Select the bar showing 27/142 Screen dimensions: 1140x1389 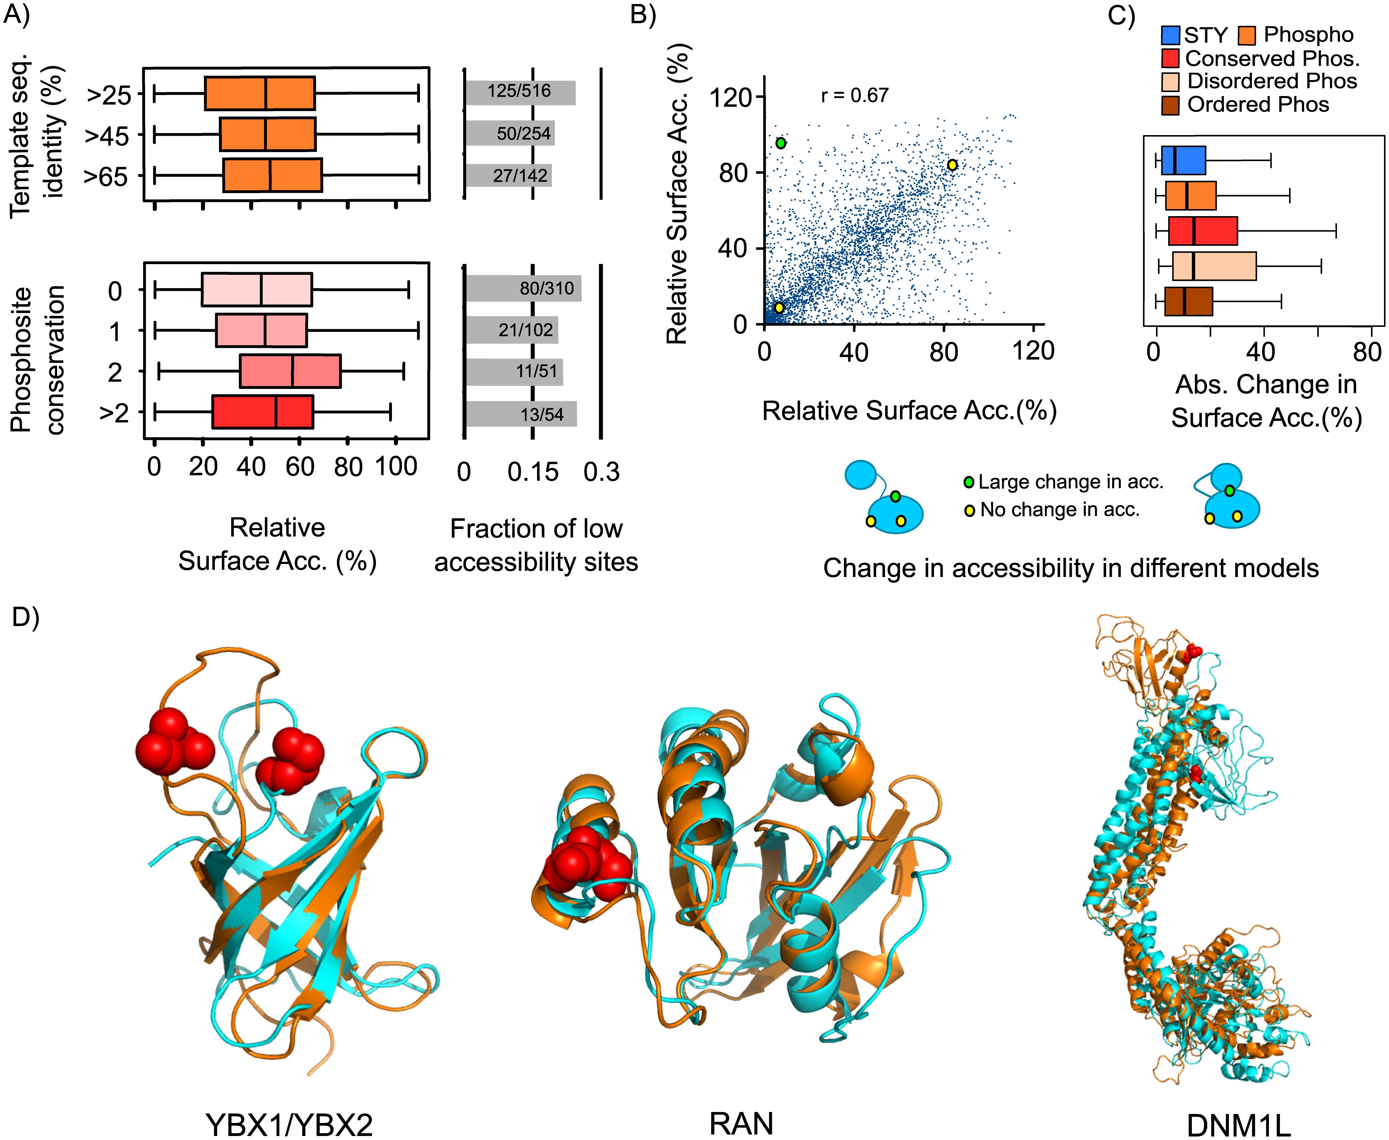point(508,175)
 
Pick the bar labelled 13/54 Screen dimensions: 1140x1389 point(521,414)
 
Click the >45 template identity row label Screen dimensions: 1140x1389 point(106,136)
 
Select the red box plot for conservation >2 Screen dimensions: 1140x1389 point(263,412)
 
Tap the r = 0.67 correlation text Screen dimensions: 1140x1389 point(854,96)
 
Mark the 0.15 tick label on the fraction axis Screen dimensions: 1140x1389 point(533,472)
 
